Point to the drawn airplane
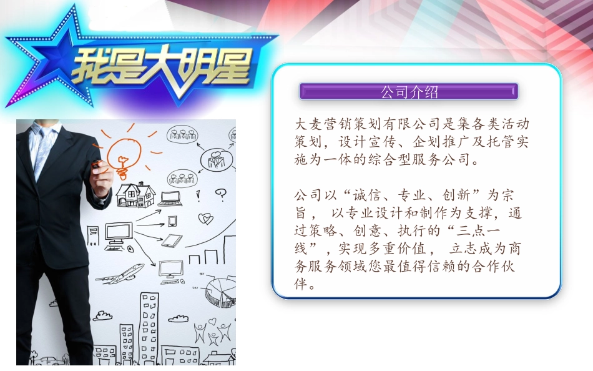point(124,275)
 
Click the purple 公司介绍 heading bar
point(409,92)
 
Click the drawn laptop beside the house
point(170,199)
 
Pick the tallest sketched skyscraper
point(149,328)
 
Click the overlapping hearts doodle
point(205,219)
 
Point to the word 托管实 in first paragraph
point(507,142)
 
